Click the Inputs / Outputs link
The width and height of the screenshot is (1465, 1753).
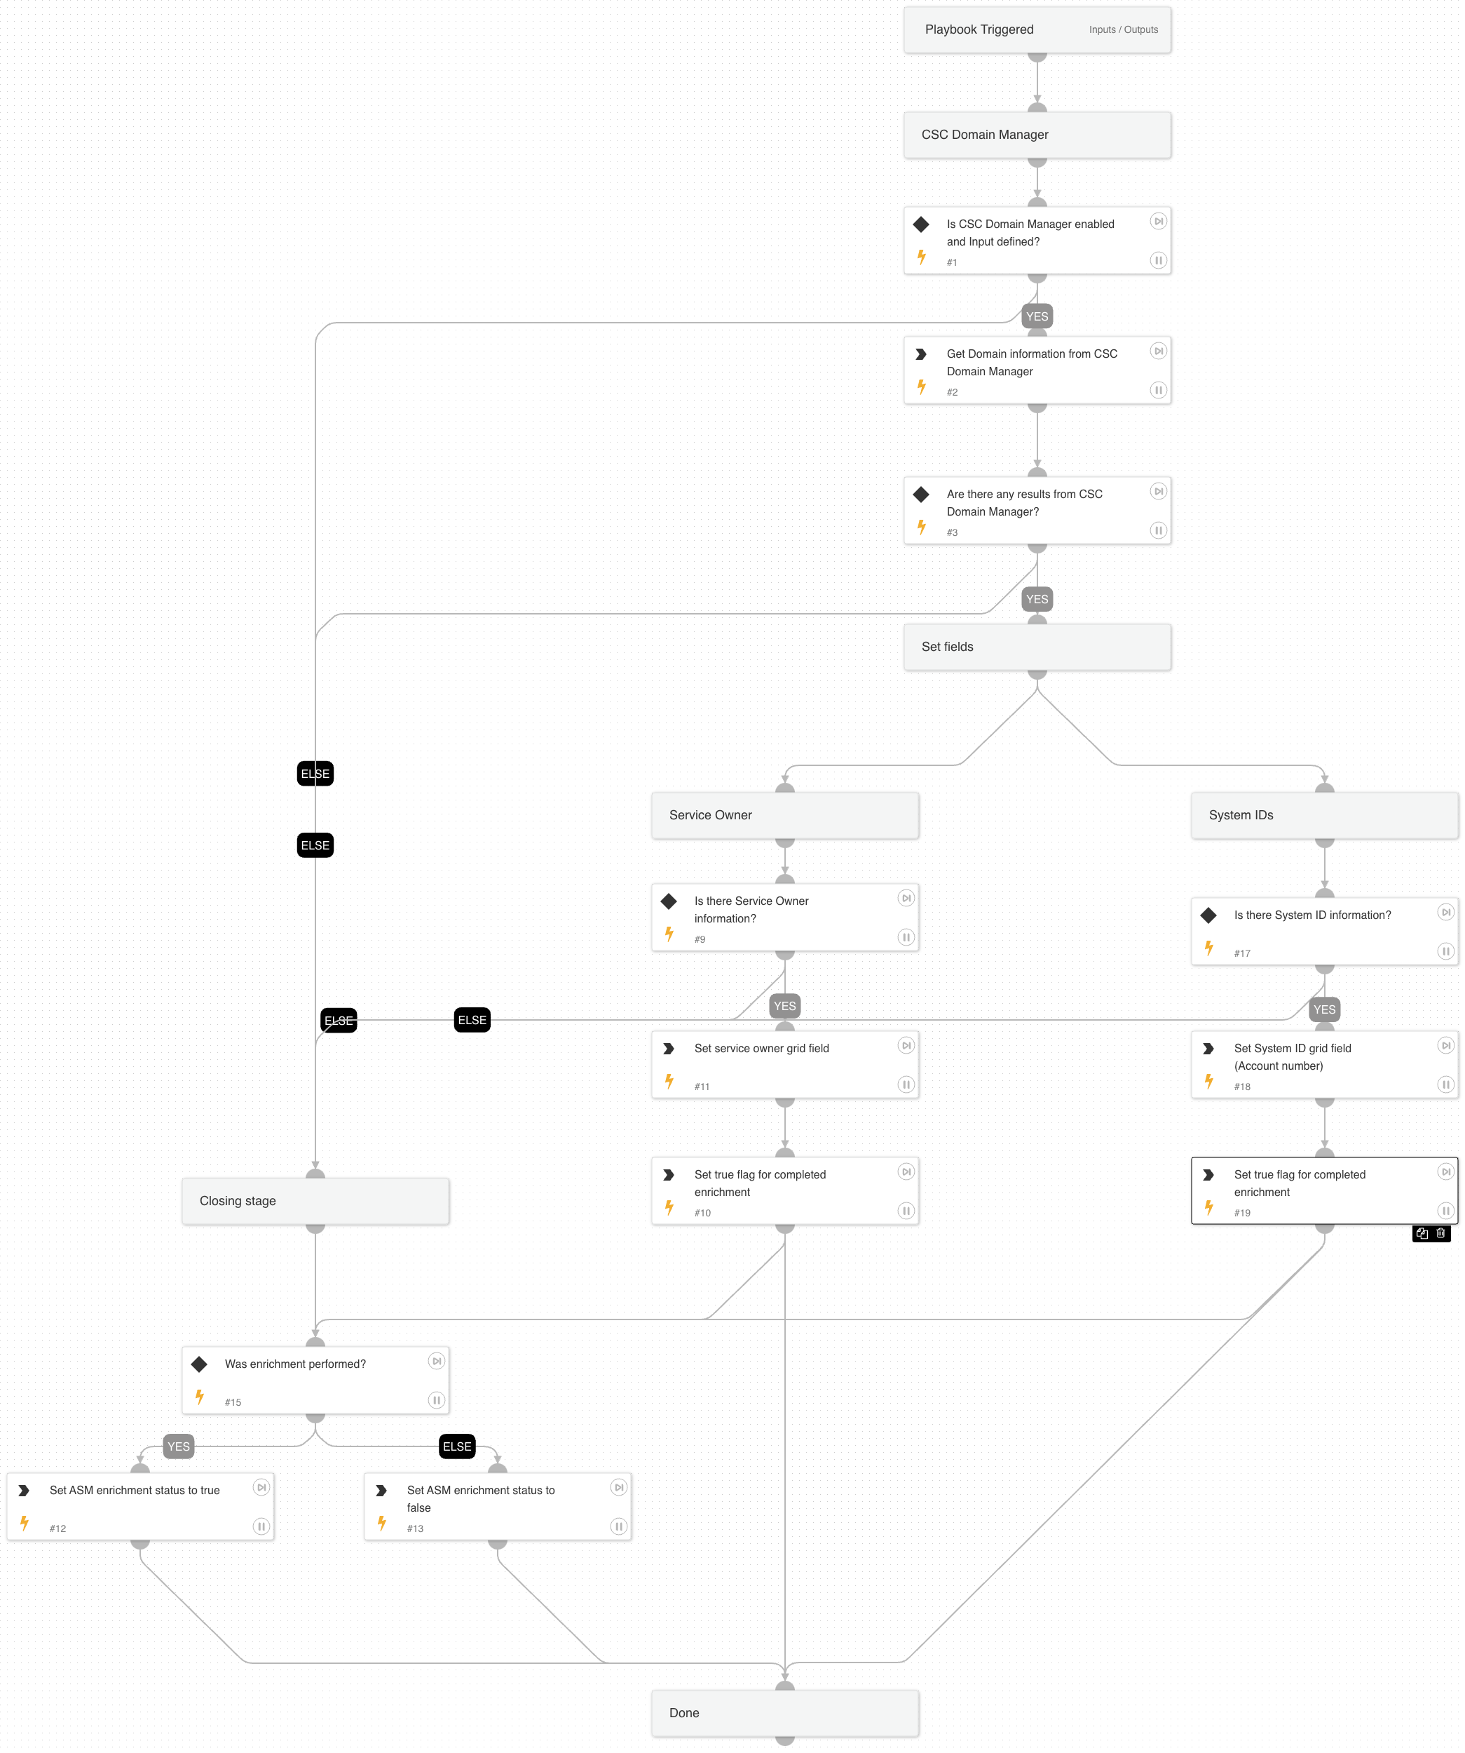pos(1122,29)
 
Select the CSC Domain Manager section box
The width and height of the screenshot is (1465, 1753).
pos(1036,135)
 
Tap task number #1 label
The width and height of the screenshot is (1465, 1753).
pos(951,262)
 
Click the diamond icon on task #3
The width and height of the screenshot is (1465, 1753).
pos(920,494)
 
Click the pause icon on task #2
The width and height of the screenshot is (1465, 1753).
pos(1157,390)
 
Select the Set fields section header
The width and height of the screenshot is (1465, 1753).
pos(1036,647)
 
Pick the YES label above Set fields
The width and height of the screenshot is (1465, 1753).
pos(1036,599)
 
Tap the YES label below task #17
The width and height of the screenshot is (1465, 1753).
pos(1323,1009)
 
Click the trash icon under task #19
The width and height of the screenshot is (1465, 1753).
pos(1440,1233)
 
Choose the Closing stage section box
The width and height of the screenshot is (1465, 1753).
pos(315,1201)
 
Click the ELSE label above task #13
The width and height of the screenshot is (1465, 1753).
pos(456,1446)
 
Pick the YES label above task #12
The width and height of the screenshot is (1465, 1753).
pos(179,1446)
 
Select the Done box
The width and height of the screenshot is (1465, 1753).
pos(784,1713)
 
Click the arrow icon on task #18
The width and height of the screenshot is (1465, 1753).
pos(1207,1049)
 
